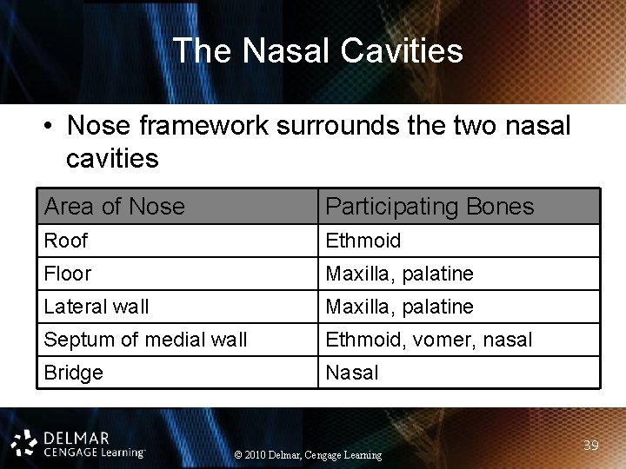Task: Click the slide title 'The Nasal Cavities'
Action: [317, 50]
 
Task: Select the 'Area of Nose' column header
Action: [114, 207]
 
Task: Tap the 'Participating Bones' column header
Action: [430, 207]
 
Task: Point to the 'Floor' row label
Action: [67, 274]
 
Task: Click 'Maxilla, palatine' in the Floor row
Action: [399, 274]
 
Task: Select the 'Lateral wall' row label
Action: [96, 307]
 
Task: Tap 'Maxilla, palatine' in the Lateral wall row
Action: [399, 307]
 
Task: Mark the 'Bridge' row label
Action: [73, 373]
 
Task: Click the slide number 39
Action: [591, 445]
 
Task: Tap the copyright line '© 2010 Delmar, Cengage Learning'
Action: [308, 454]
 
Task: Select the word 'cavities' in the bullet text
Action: [111, 159]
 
